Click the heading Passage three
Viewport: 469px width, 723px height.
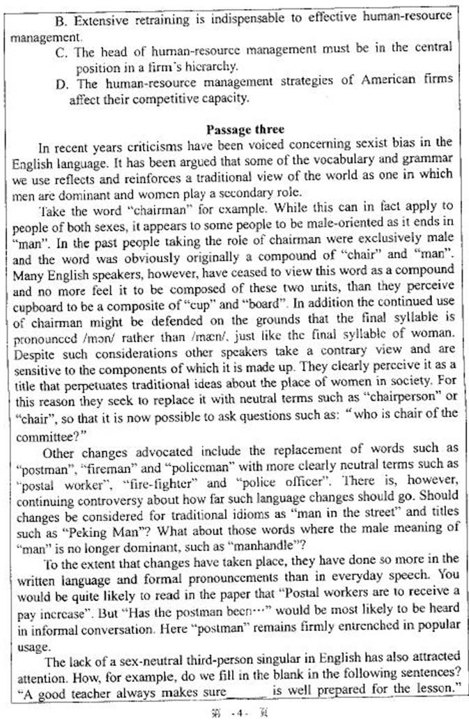coord(235,130)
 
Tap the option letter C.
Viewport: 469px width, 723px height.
coord(60,49)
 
